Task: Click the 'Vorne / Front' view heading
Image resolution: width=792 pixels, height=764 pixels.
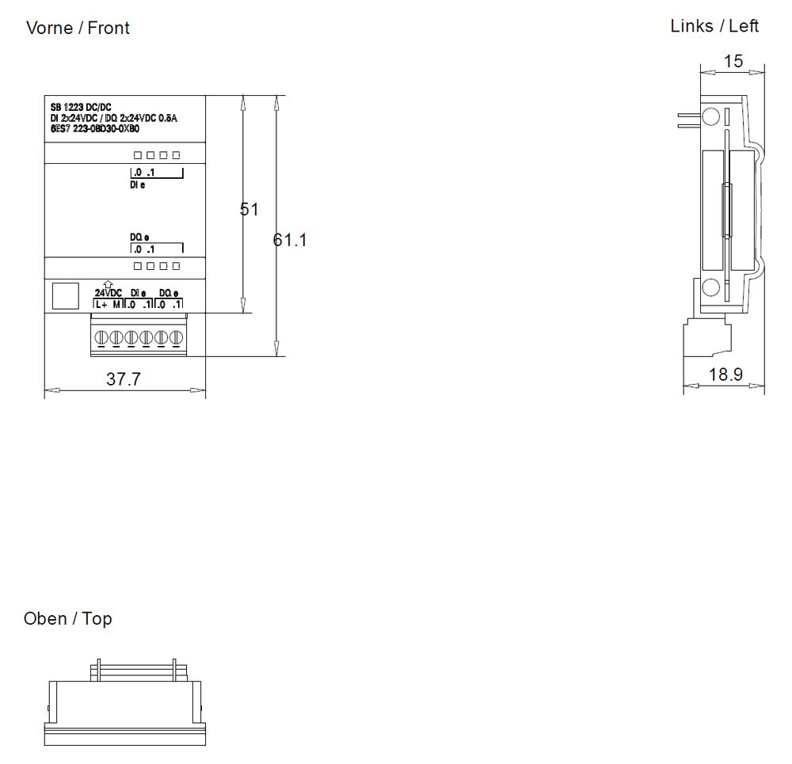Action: [x=78, y=28]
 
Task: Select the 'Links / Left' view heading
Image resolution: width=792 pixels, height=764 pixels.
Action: [x=714, y=26]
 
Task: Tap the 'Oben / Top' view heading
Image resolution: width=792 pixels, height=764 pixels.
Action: [x=68, y=618]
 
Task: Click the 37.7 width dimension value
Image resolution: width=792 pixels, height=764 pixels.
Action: [x=124, y=379]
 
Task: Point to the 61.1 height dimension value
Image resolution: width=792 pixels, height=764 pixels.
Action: [x=291, y=240]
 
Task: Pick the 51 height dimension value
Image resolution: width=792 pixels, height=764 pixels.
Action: [x=249, y=209]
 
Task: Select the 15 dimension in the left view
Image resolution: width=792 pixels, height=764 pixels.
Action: [x=733, y=61]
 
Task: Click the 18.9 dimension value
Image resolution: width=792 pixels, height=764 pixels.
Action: [x=725, y=374]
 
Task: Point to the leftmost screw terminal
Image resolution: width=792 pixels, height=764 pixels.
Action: [x=101, y=338]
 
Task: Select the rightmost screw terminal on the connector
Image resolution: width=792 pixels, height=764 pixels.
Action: [x=177, y=338]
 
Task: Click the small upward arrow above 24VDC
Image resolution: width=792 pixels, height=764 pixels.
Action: [x=108, y=284]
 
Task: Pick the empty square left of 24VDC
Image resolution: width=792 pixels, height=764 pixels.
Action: [x=65, y=296]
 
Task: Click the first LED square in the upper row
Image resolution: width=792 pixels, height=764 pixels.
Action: [x=138, y=155]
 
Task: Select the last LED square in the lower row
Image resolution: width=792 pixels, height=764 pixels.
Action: [x=176, y=266]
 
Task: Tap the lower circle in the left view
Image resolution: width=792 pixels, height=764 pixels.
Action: [x=711, y=287]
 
